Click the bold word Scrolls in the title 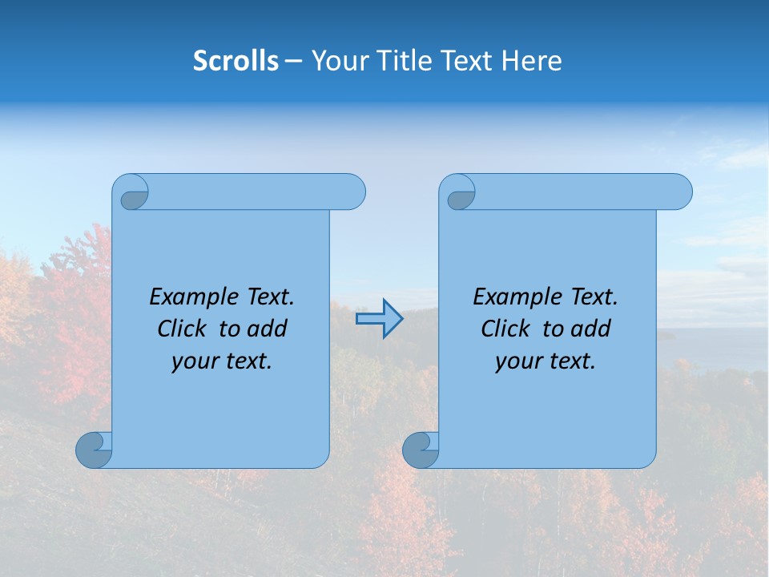(x=236, y=61)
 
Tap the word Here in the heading (x=531, y=61)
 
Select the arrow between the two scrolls (x=379, y=319)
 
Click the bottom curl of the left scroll (x=94, y=450)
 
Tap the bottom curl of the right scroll (x=421, y=450)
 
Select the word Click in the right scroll (x=505, y=329)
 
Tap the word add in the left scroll (x=267, y=329)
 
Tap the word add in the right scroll (x=590, y=329)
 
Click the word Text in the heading (x=466, y=61)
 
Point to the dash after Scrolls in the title (x=293, y=61)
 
